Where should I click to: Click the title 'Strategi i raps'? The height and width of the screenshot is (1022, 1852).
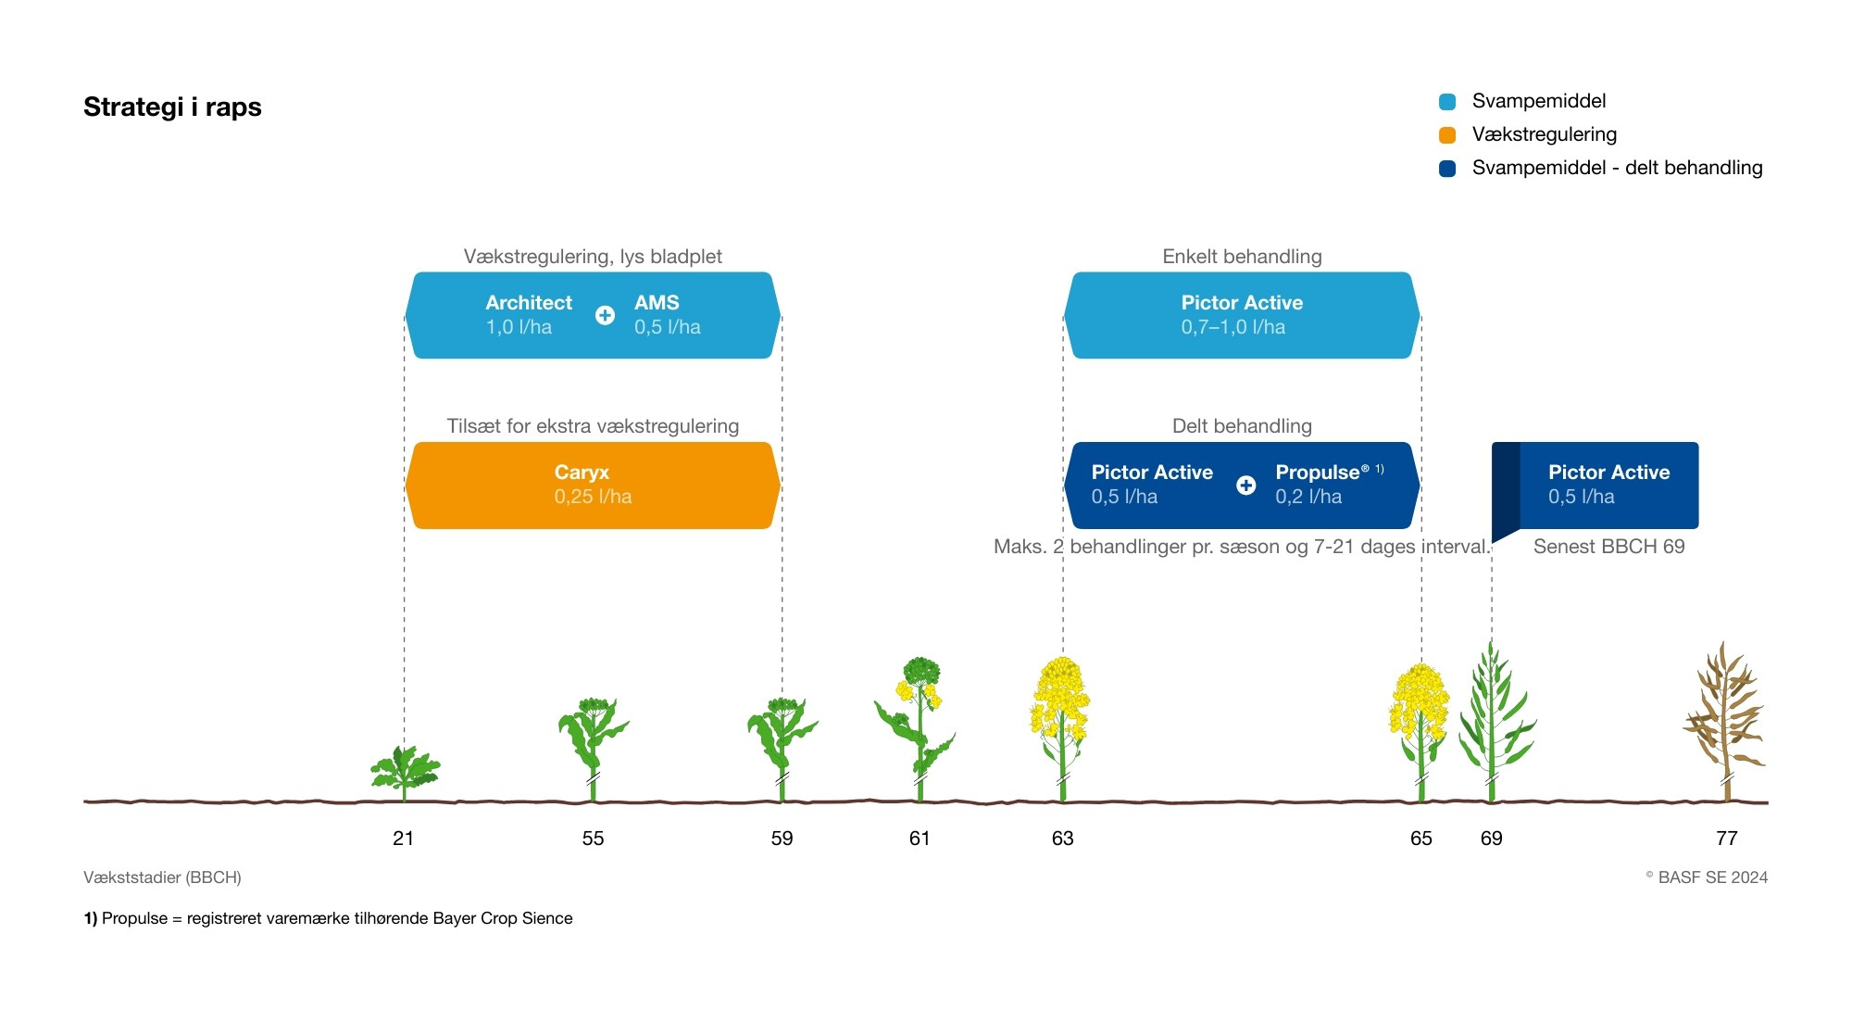tap(172, 107)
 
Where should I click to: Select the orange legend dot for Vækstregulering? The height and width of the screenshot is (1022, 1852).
tap(1447, 135)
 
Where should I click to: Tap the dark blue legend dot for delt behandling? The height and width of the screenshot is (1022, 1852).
tap(1447, 169)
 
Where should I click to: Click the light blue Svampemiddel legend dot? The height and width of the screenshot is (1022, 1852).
tap(1447, 102)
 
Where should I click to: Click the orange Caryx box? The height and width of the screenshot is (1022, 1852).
tap(593, 486)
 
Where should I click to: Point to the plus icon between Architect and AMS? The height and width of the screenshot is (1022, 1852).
tap(605, 315)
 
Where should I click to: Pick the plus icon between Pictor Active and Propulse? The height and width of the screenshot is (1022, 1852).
tap(1246, 486)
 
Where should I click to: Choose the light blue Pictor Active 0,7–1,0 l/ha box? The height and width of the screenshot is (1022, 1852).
tap(1242, 315)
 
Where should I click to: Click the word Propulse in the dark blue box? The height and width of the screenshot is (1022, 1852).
tap(1317, 473)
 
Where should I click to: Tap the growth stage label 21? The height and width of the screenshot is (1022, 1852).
tap(404, 839)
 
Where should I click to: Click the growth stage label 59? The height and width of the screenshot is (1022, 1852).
tap(782, 839)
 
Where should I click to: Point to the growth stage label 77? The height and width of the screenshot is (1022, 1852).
tap(1726, 839)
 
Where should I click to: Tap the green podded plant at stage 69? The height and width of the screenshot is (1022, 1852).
tap(1493, 718)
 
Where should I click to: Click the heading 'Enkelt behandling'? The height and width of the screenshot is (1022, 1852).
tap(1242, 257)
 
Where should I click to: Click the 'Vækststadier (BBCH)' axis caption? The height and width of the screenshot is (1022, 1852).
tap(162, 877)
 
